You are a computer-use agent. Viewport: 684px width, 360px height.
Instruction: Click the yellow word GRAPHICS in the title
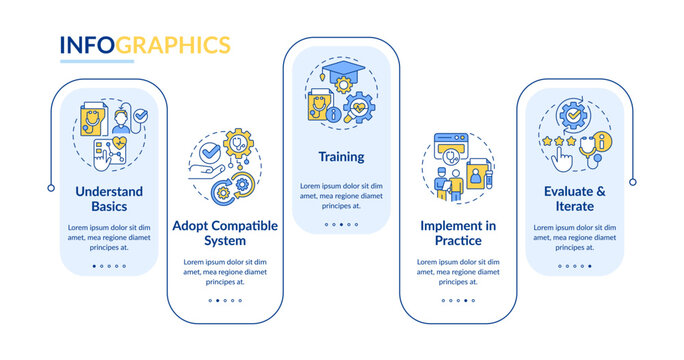[175, 45]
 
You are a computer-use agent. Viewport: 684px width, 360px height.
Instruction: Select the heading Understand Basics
[109, 199]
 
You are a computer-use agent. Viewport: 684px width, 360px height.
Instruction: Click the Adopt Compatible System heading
[225, 234]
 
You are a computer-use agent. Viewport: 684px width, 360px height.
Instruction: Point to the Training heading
[341, 157]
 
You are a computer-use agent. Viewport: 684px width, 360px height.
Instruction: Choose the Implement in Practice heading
[459, 234]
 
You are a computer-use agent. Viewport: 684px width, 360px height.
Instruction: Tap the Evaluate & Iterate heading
[575, 199]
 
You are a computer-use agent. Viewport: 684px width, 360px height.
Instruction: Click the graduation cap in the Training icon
[341, 72]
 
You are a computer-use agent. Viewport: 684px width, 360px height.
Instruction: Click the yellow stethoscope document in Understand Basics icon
[93, 124]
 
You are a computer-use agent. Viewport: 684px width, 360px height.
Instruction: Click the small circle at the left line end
[51, 187]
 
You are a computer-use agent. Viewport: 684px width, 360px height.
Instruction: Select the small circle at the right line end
[633, 181]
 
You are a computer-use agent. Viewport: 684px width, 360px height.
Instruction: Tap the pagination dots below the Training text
[341, 224]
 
